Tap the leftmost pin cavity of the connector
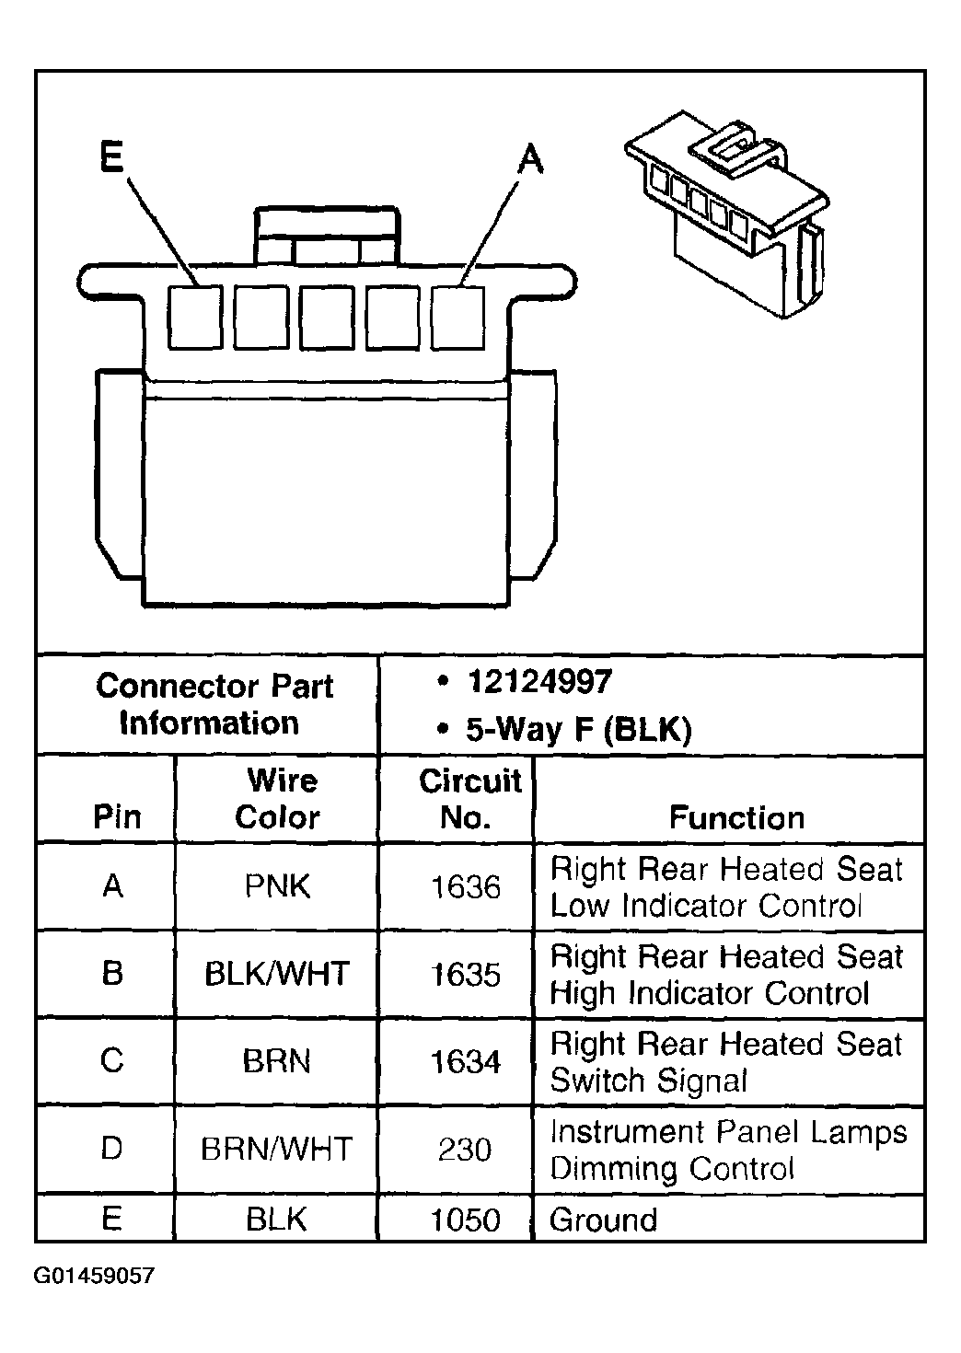[x=195, y=317]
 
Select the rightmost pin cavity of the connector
[x=458, y=317]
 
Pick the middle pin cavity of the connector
[x=327, y=318]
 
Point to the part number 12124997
[x=538, y=682]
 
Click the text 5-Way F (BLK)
[x=577, y=730]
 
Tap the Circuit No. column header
[x=469, y=799]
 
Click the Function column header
[x=736, y=817]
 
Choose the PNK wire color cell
[x=277, y=886]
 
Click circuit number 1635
[x=466, y=975]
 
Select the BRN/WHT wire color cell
[x=277, y=1150]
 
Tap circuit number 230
[x=465, y=1150]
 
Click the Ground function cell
[x=604, y=1220]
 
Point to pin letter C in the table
[x=111, y=1061]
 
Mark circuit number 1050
[x=466, y=1220]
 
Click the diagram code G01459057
[x=95, y=1277]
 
